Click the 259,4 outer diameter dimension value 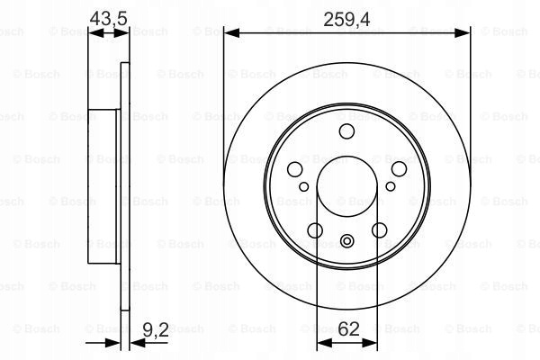pos(346,20)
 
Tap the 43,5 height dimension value pos(109,18)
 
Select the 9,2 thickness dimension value pos(156,330)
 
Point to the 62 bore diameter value pos(349,329)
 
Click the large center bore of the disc pos(346,186)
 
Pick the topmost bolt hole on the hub pos(346,131)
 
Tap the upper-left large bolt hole pos(295,169)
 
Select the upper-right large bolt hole pos(399,169)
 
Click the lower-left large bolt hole pos(315,230)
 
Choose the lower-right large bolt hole pos(379,230)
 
